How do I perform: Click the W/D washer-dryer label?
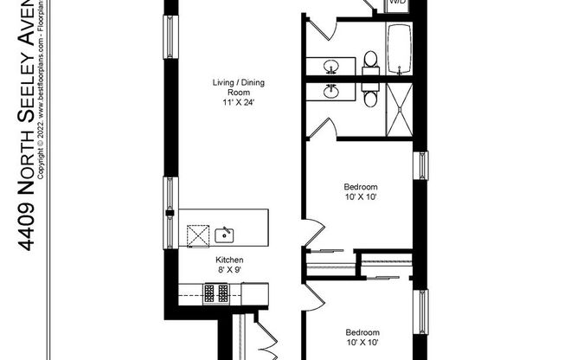[x=397, y=3]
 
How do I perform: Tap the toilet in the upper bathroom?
[x=370, y=60]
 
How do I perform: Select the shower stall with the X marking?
[x=400, y=108]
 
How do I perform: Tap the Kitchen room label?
[x=229, y=260]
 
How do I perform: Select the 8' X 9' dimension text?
[x=229, y=270]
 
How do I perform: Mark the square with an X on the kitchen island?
[x=198, y=233]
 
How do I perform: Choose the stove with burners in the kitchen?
[x=216, y=294]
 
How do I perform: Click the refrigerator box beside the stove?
[x=254, y=294]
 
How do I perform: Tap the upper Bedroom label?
[x=361, y=187]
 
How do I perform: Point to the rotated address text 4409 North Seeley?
[x=27, y=130]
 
